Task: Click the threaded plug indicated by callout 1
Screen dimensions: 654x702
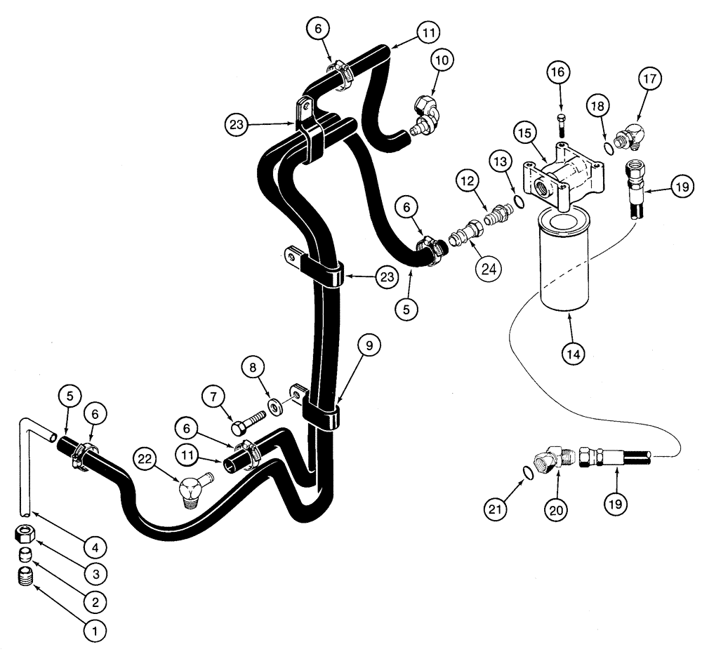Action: click(25, 578)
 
